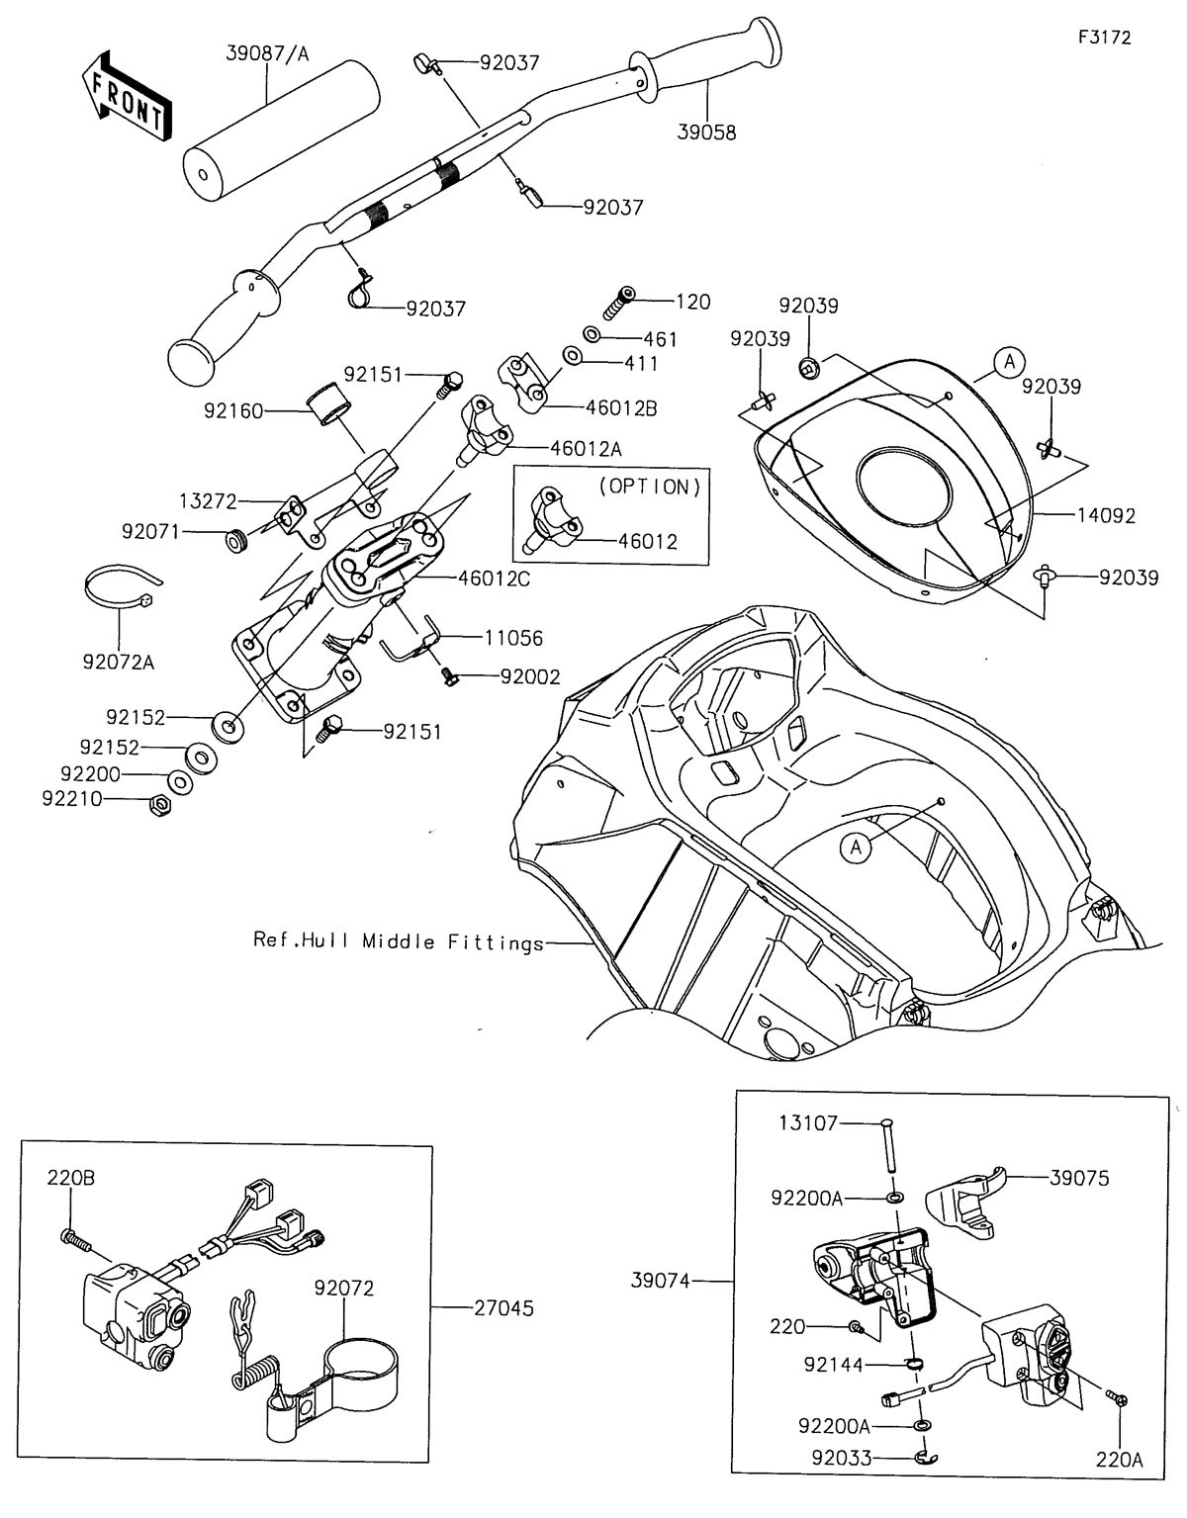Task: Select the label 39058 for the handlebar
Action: pyautogui.click(x=707, y=132)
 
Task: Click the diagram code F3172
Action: pyautogui.click(x=1104, y=38)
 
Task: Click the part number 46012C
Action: pyautogui.click(x=494, y=579)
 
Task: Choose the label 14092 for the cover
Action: pyautogui.click(x=1107, y=515)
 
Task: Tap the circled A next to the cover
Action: pyautogui.click(x=1009, y=362)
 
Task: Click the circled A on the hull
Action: pyautogui.click(x=858, y=846)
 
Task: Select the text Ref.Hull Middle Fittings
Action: pyautogui.click(x=399, y=941)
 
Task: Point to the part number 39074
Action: pyautogui.click(x=661, y=1281)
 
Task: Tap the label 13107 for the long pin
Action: pyautogui.click(x=808, y=1123)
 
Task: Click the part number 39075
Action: pyautogui.click(x=1080, y=1178)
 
